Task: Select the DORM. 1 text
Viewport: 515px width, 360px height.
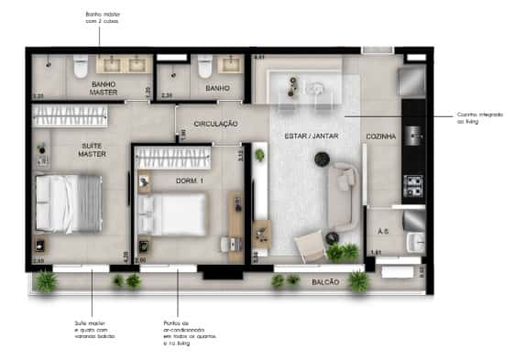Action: tap(190, 181)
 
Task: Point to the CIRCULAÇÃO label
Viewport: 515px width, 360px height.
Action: tap(216, 123)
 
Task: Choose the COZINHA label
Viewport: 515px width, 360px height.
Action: tap(381, 136)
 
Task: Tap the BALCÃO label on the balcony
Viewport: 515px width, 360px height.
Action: tap(323, 281)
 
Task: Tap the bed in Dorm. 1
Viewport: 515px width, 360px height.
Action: tap(174, 213)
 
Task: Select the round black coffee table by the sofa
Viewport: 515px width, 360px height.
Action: tap(322, 160)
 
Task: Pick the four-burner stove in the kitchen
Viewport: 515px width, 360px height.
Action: tap(413, 188)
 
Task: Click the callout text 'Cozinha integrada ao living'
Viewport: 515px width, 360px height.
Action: tap(478, 118)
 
